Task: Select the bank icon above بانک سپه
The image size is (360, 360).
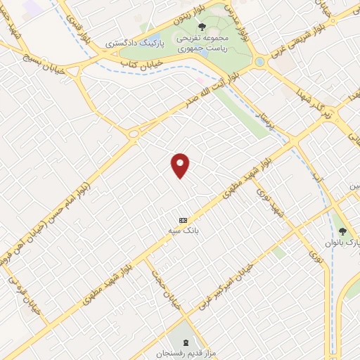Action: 183,219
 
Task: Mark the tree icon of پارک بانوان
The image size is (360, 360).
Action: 342,231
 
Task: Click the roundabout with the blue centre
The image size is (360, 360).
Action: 259,62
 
